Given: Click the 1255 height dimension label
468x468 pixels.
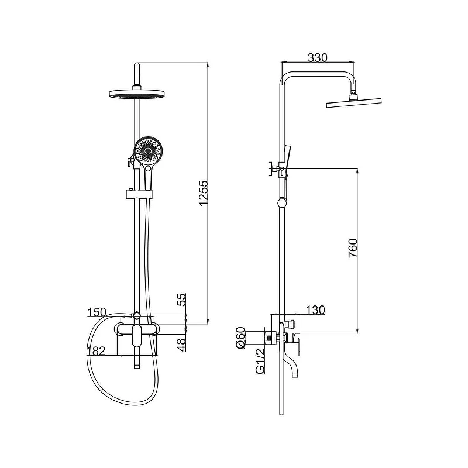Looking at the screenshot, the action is point(203,192).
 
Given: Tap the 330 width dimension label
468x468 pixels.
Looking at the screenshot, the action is point(318,57).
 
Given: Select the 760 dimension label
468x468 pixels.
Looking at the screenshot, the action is point(353,248).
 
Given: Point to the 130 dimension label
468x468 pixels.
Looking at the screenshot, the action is point(315,310).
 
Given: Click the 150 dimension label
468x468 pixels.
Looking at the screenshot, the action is point(97,312).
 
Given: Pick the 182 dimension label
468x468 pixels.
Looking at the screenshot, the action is point(96,351).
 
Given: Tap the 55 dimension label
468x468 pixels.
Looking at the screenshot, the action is point(181,300).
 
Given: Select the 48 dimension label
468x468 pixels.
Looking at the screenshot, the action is point(181,344).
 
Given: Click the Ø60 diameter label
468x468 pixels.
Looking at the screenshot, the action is point(240,338).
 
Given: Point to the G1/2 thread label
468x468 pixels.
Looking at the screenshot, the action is point(260,361).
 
